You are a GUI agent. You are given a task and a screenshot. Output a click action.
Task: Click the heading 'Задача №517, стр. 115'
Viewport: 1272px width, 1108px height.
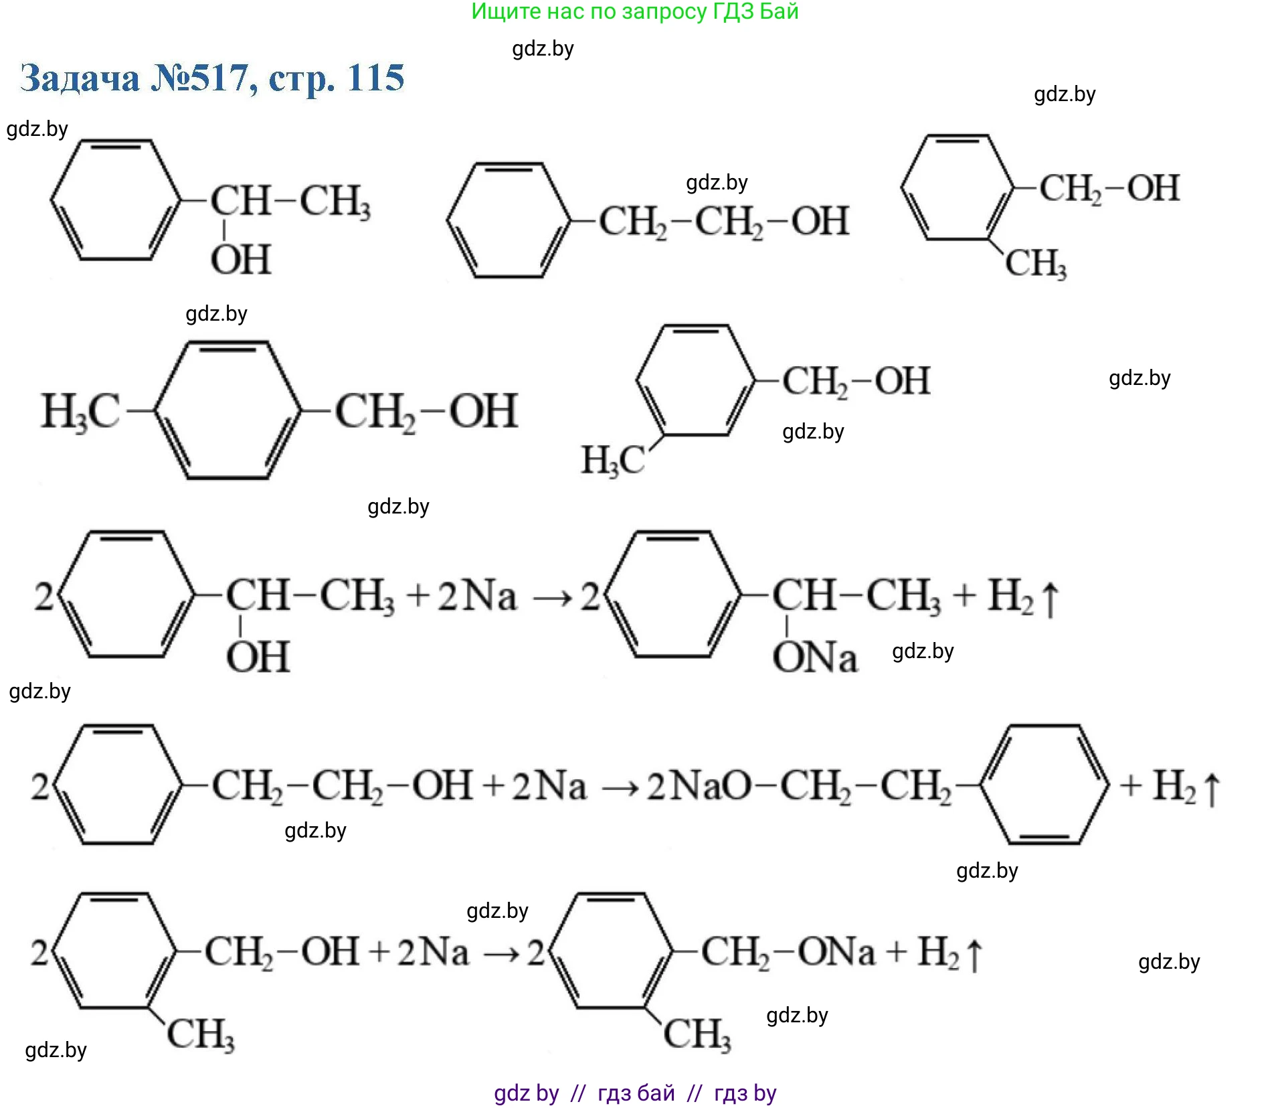click(212, 78)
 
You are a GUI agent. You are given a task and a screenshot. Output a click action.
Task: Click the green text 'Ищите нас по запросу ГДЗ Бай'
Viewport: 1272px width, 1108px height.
click(634, 11)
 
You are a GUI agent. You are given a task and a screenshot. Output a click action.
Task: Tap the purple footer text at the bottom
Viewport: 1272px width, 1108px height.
click(634, 1093)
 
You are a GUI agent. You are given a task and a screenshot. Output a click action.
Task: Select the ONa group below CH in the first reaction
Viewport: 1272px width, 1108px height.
click(814, 657)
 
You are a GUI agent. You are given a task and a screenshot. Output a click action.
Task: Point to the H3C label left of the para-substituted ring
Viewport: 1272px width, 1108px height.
click(80, 411)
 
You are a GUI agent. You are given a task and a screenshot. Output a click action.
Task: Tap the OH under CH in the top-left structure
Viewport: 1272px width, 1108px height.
click(241, 260)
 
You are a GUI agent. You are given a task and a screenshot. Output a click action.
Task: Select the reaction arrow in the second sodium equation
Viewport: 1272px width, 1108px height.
click(619, 787)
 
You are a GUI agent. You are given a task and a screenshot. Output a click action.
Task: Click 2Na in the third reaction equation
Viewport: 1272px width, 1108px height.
click(433, 952)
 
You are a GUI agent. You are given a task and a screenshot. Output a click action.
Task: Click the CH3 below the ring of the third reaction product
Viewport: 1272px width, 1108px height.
click(697, 1034)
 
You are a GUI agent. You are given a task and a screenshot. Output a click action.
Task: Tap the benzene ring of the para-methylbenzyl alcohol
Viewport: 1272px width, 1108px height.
click(228, 410)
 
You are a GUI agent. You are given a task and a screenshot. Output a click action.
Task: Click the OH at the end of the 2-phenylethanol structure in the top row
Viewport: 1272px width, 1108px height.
click(820, 222)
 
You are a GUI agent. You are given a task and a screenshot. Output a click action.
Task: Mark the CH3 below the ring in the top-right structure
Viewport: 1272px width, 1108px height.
click(1035, 263)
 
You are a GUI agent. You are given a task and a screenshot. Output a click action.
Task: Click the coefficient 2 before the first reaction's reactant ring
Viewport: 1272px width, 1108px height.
click(44, 596)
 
